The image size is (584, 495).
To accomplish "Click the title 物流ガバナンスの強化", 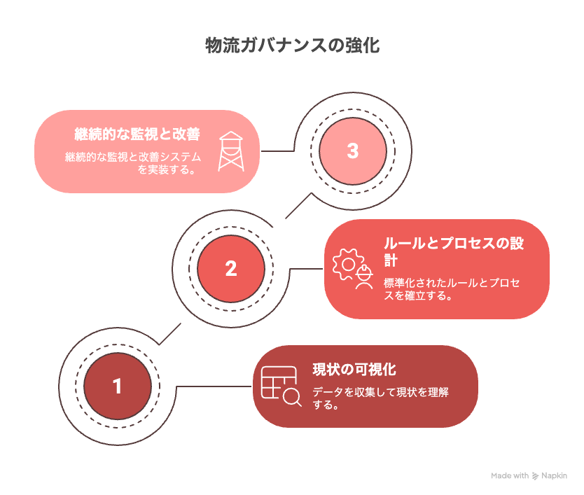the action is (x=293, y=46).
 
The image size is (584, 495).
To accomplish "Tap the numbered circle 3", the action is (x=353, y=151).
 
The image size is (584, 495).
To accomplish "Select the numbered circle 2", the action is (x=231, y=269).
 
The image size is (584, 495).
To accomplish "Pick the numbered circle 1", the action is (x=118, y=386).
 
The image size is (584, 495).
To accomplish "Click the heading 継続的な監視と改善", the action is (x=137, y=134).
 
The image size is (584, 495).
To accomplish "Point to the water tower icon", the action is (x=231, y=151).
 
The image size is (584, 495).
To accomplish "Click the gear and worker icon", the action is (x=353, y=269).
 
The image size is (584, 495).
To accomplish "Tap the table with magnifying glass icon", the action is (x=281, y=386).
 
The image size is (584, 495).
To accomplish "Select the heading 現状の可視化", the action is (x=354, y=370).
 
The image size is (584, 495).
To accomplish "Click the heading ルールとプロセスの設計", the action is (x=454, y=251).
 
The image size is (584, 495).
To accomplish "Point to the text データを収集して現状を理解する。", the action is (x=380, y=398).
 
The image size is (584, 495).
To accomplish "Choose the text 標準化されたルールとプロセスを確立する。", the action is (x=452, y=289).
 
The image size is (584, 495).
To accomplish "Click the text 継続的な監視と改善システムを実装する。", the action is (x=133, y=163).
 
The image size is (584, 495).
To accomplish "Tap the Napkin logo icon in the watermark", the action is (x=535, y=475).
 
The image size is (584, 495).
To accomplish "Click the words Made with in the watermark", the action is (x=510, y=475).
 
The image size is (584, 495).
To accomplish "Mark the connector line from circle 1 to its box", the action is (x=214, y=386).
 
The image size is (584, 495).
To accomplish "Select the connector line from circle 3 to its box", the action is (x=277, y=151).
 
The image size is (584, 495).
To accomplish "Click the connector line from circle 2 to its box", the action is (x=306, y=269).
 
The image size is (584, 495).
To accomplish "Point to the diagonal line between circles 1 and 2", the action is (x=170, y=334).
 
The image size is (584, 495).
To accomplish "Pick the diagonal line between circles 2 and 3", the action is (x=298, y=206).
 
